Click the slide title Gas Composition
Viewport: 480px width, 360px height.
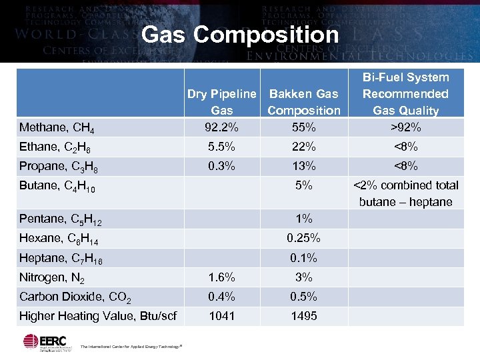[240, 34]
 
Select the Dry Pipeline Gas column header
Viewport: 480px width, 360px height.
[221, 102]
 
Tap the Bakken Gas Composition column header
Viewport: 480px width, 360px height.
[303, 102]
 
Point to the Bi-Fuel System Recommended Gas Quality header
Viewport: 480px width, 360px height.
[405, 94]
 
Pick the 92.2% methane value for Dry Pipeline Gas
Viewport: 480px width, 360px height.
[221, 127]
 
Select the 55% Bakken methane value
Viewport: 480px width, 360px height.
[303, 127]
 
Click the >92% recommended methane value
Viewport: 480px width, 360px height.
[405, 127]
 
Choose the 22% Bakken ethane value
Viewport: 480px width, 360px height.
[303, 146]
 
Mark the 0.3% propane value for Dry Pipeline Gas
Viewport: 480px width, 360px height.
[221, 165]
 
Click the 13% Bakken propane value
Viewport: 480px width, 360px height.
[303, 165]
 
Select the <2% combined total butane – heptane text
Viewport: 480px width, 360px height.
[405, 193]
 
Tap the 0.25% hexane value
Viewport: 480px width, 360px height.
[303, 237]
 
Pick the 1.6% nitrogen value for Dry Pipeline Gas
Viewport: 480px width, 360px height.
[221, 277]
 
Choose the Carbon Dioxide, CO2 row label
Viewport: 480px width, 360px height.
[75, 297]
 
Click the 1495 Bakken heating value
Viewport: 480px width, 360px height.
[303, 316]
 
